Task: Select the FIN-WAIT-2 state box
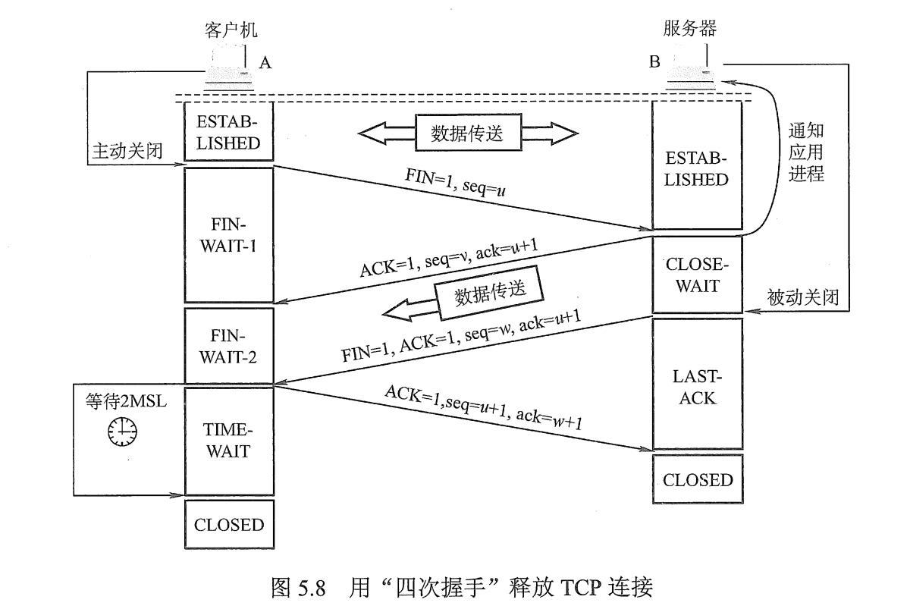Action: pos(228,345)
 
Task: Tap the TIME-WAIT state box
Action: pos(228,441)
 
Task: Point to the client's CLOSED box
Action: pos(228,525)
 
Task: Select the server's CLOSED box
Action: pos(697,480)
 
